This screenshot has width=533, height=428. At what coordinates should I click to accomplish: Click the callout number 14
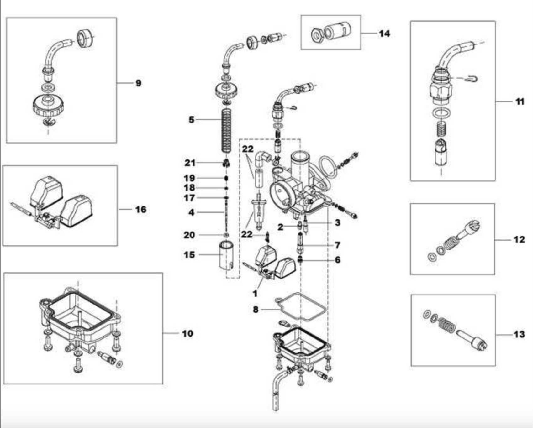pyautogui.click(x=385, y=34)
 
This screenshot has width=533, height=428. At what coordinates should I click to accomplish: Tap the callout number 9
pyautogui.click(x=139, y=83)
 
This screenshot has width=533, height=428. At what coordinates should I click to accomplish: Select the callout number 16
pyautogui.click(x=141, y=209)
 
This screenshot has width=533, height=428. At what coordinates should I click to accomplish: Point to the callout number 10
pyautogui.click(x=187, y=333)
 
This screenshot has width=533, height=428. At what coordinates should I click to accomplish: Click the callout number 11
pyautogui.click(x=520, y=102)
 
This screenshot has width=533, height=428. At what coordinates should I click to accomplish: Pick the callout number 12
pyautogui.click(x=519, y=239)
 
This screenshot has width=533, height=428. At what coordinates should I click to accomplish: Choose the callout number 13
pyautogui.click(x=519, y=334)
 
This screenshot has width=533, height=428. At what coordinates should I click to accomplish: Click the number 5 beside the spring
pyautogui.click(x=191, y=120)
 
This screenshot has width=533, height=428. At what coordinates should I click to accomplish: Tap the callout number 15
pyautogui.click(x=189, y=255)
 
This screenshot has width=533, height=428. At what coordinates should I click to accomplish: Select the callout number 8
pyautogui.click(x=256, y=310)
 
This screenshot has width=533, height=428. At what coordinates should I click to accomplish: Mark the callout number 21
pyautogui.click(x=190, y=163)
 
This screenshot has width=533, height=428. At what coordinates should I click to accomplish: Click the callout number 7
pyautogui.click(x=337, y=245)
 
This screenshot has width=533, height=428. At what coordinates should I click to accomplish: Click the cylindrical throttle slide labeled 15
pyautogui.click(x=226, y=255)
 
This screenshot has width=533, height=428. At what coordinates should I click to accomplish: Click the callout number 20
pyautogui.click(x=189, y=235)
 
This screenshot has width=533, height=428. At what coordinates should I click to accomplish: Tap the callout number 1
pyautogui.click(x=255, y=294)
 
